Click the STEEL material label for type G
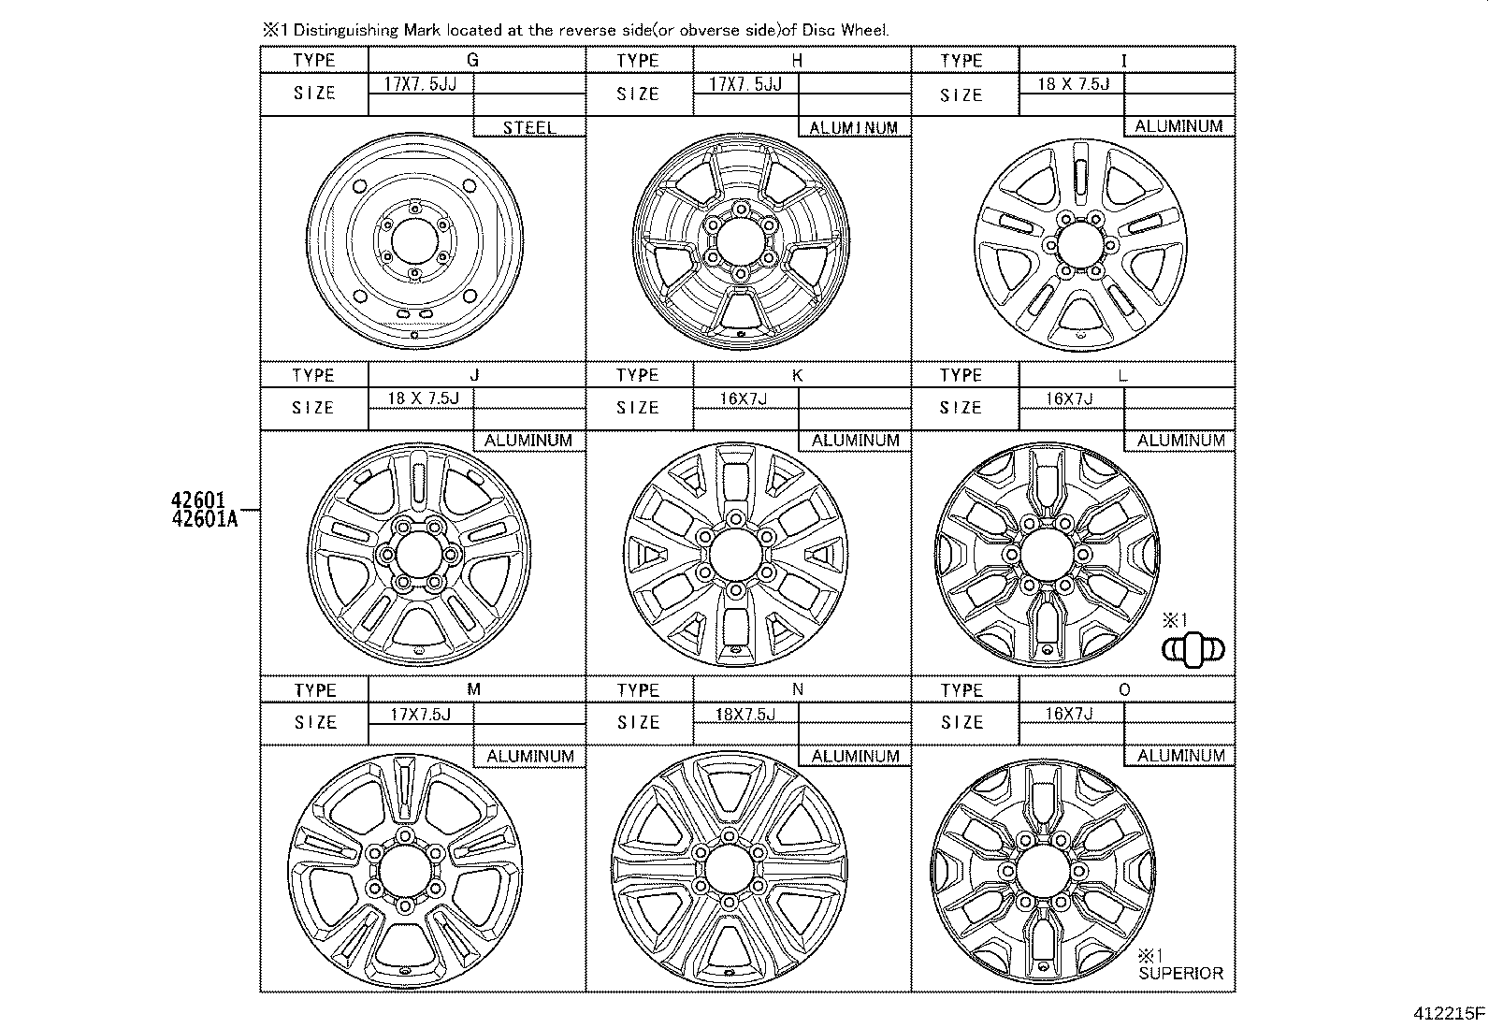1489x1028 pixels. pyautogui.click(x=529, y=127)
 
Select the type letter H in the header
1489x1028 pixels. pyautogui.click(x=797, y=61)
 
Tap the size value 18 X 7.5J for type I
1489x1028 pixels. pyautogui.click(x=1074, y=84)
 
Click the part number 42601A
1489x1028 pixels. pyautogui.click(x=205, y=519)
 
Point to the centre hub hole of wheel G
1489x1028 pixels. pyautogui.click(x=414, y=241)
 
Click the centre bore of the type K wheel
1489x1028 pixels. pyautogui.click(x=735, y=555)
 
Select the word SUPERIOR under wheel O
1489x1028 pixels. pyautogui.click(x=1180, y=974)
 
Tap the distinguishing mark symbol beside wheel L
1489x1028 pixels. pyautogui.click(x=1193, y=650)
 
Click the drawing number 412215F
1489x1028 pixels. pyautogui.click(x=1449, y=1013)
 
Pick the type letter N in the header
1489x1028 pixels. pyautogui.click(x=797, y=689)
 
